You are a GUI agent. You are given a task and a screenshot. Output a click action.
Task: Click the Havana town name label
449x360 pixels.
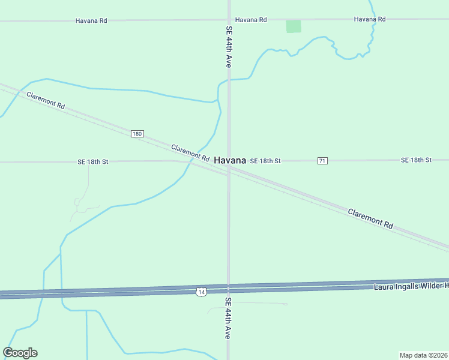pyautogui.click(x=230, y=161)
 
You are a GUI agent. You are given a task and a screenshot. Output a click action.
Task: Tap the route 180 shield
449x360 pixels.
pyautogui.click(x=137, y=134)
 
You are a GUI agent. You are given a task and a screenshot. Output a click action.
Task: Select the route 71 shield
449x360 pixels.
pyautogui.click(x=322, y=161)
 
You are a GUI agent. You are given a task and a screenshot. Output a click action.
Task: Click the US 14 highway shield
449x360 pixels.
pyautogui.click(x=201, y=292)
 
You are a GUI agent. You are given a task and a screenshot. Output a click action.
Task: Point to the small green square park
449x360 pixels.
pyautogui.click(x=294, y=26)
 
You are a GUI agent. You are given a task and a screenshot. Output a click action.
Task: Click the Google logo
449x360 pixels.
pyautogui.click(x=20, y=353)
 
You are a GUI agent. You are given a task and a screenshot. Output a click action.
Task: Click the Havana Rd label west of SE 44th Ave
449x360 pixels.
pyautogui.click(x=91, y=20)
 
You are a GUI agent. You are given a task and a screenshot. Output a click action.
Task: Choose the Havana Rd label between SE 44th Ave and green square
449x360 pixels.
pyautogui.click(x=251, y=20)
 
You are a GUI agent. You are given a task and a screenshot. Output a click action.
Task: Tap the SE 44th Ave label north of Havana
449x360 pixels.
pyautogui.click(x=229, y=47)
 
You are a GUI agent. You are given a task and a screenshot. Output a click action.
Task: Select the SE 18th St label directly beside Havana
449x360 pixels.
pyautogui.click(x=265, y=161)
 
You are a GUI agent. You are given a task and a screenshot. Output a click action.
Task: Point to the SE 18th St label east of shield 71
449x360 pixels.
pyautogui.click(x=416, y=160)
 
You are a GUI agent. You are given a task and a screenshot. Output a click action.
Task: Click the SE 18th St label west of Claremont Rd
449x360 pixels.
pyautogui.click(x=93, y=162)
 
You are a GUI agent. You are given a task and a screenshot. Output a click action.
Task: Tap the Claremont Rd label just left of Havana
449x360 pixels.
pyautogui.click(x=190, y=153)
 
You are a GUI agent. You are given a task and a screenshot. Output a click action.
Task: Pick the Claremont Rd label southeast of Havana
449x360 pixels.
pyautogui.click(x=370, y=218)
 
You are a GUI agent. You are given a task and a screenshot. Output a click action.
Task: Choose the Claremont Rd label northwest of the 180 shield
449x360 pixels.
pyautogui.click(x=45, y=100)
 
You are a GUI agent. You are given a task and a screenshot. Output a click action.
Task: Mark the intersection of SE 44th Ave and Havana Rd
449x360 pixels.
pyautogui.click(x=229, y=20)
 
